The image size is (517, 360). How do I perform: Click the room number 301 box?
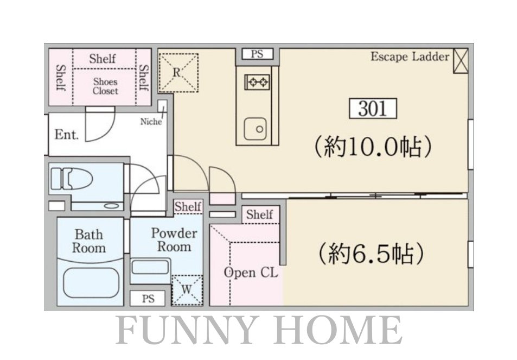pos(373,108)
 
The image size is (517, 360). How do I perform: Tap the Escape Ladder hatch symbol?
pos(460,61)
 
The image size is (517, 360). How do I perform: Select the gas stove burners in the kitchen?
pos(257,81)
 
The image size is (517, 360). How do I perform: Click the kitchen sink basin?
pos(255,129)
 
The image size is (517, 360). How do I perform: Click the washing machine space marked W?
pos(187,289)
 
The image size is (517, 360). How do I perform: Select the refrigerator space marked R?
pos(178,73)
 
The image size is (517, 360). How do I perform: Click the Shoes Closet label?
pos(105,86)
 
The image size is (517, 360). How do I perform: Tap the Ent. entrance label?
pos(67,135)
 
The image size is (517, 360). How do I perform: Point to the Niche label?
pos(151,122)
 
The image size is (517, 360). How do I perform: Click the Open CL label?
pos(251,273)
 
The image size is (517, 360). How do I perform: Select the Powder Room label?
pos(174,240)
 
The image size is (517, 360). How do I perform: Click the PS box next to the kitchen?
pos(258,54)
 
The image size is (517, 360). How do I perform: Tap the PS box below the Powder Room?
pos(148,299)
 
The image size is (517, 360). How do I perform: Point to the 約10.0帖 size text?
pos(373,146)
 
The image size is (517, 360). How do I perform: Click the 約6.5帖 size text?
pos(371,254)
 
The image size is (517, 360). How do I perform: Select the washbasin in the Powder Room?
pos(150,267)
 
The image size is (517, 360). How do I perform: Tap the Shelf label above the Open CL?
pos(260,214)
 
